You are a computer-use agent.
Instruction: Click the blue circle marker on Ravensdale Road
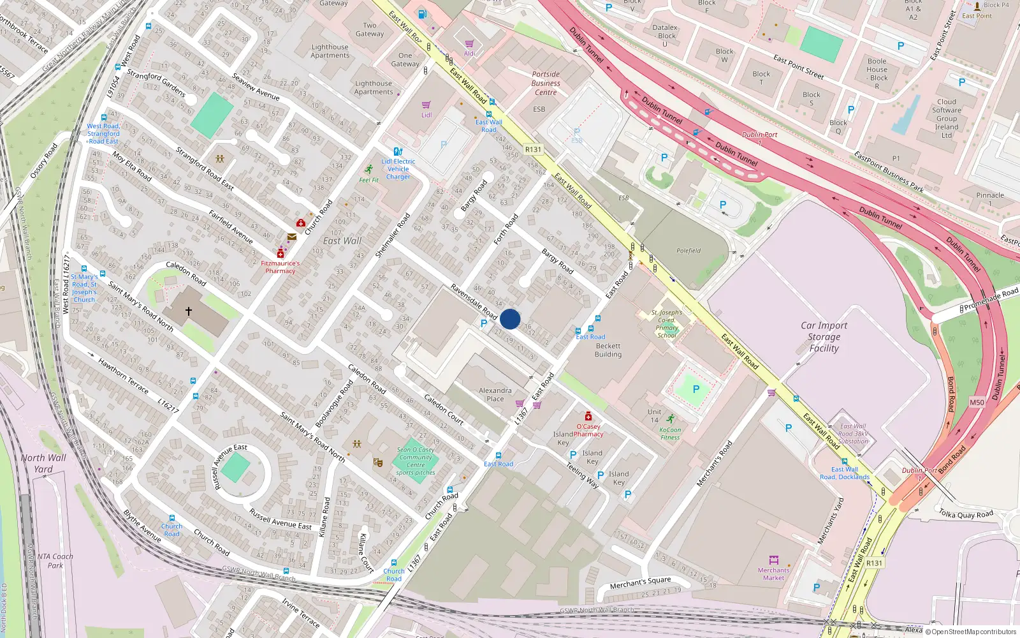(x=510, y=319)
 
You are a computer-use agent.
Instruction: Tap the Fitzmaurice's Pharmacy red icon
(x=280, y=254)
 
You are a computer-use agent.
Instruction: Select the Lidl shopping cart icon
(x=426, y=105)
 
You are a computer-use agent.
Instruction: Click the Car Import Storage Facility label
(x=824, y=337)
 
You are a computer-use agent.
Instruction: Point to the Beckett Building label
(x=608, y=350)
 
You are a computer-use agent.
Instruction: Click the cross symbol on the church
(x=189, y=311)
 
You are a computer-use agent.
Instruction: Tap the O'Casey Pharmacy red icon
(x=588, y=416)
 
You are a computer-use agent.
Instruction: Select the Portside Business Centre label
(x=546, y=84)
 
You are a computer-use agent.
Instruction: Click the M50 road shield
(x=977, y=403)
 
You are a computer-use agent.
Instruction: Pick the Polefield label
(x=688, y=251)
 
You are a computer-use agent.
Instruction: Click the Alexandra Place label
(x=495, y=394)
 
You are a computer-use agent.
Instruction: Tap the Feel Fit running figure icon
(x=368, y=170)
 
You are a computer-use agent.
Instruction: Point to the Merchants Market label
(x=773, y=574)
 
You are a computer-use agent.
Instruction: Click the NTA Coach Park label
(x=55, y=561)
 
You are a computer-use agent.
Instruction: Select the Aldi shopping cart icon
(x=469, y=44)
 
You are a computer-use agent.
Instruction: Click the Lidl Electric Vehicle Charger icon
(x=398, y=152)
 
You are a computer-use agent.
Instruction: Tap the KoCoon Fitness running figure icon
(x=670, y=419)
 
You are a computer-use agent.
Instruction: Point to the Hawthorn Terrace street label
(x=123, y=375)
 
